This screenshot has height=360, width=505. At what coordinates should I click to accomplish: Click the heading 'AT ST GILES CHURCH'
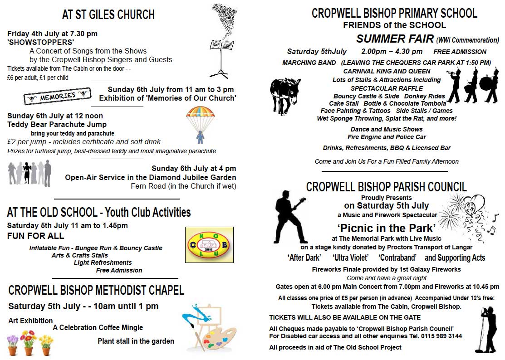click(x=108, y=15)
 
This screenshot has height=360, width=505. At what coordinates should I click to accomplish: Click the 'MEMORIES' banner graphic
click(x=57, y=97)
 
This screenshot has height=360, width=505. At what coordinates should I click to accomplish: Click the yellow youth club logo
click(x=209, y=245)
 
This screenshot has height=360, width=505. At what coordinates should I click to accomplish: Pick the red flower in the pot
click(x=29, y=338)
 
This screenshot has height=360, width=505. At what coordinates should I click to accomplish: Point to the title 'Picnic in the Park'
click(x=386, y=228)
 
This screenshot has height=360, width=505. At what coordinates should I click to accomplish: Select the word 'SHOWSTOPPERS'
click(x=41, y=42)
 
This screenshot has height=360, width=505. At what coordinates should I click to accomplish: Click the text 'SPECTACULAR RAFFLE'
click(x=387, y=88)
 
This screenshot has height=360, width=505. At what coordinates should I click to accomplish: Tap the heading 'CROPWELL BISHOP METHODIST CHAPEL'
click(x=96, y=290)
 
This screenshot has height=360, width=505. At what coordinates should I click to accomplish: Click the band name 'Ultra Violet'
click(x=349, y=258)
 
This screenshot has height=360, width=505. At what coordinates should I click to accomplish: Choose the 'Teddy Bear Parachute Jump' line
click(x=57, y=124)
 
